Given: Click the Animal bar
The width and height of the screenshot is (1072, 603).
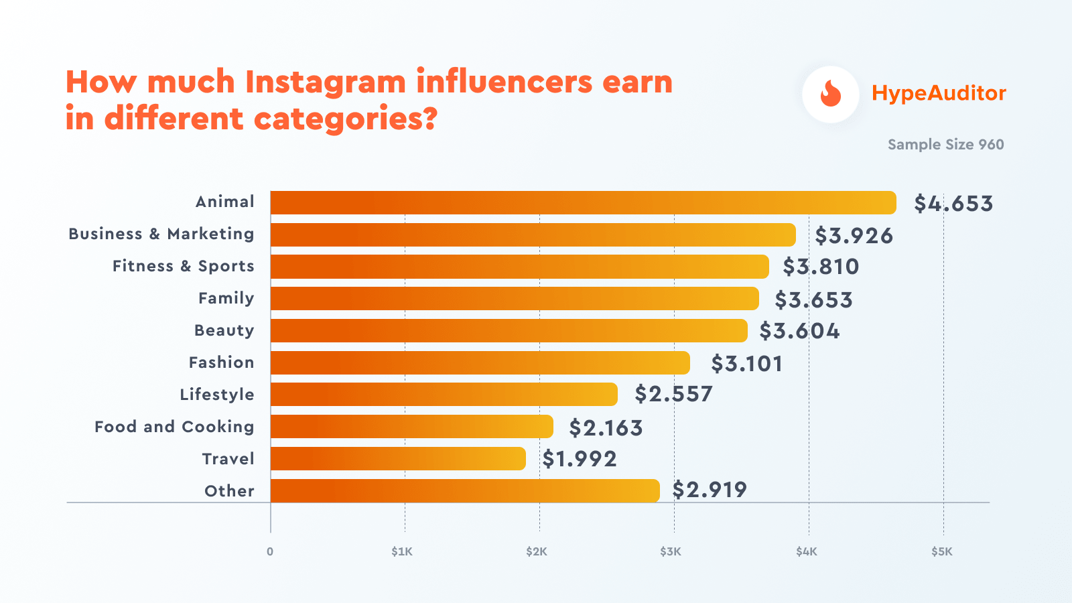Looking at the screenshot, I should pos(583,202).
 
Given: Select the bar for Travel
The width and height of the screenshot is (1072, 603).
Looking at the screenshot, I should pos(398,459).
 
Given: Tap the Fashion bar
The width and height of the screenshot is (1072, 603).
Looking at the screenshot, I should pos(480,363).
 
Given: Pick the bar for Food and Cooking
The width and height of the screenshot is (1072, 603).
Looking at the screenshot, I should pos(411,427).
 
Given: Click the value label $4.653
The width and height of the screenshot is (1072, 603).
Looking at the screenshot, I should pos(953,204).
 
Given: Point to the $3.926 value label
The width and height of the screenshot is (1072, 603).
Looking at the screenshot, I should pos(854,236).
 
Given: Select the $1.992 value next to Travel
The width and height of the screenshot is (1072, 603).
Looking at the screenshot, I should pos(580,459).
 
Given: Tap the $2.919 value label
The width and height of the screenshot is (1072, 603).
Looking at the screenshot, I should pos(710,490).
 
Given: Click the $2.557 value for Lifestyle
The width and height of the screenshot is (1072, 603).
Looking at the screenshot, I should pos(673,394).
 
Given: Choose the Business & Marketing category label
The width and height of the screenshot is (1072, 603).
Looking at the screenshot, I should pos(161,234).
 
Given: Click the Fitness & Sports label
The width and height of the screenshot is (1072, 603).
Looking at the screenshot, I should pos(184,266).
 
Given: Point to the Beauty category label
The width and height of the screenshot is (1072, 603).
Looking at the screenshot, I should pos(224,330).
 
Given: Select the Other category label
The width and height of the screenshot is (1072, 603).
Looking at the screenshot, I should pos(229,491).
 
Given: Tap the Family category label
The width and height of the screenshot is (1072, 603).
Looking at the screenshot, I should pos(226,298).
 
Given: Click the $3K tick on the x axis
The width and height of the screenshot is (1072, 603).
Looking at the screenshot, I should pos(671,552).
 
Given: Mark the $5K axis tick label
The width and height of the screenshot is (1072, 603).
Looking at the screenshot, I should pos(941,552).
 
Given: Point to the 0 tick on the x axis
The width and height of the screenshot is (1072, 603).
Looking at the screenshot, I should pos(270,552).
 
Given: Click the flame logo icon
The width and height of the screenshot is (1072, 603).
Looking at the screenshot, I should pos(831,94).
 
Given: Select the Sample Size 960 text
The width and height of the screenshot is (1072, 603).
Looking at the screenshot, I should pos(945,145).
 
